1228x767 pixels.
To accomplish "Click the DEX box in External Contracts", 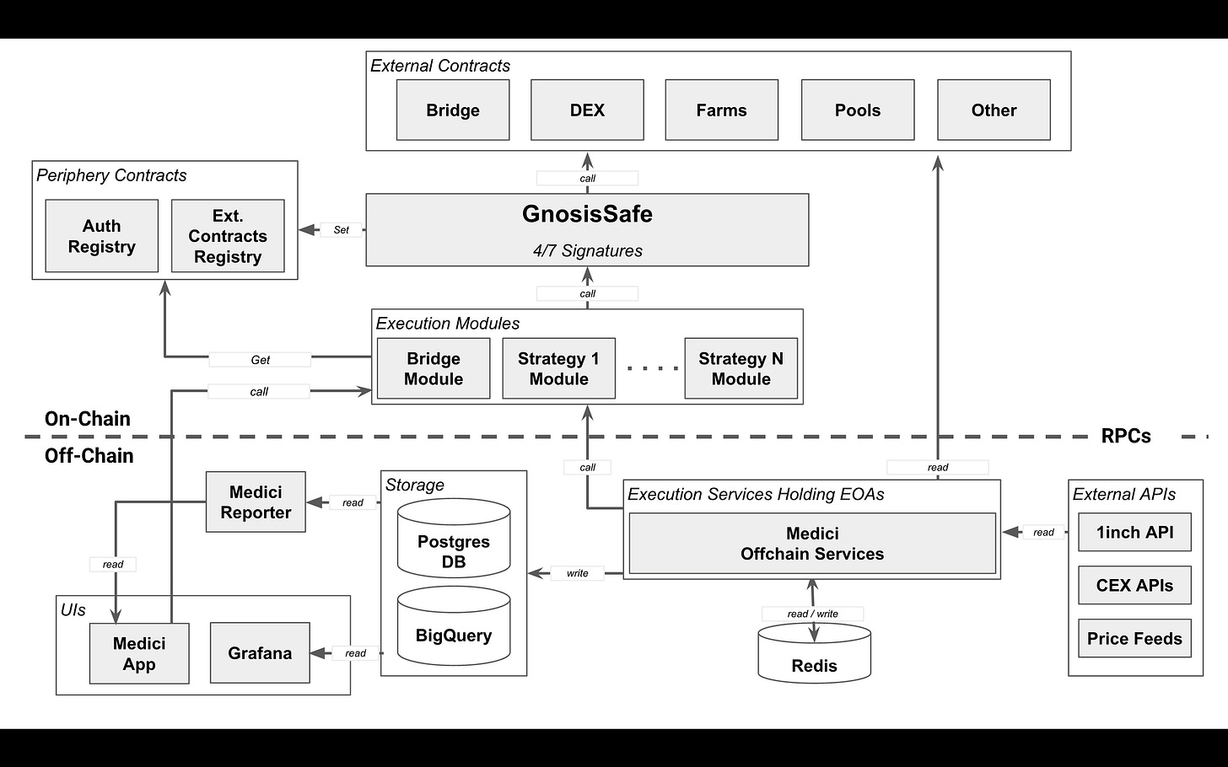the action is click(x=587, y=110).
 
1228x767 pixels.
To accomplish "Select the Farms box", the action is click(x=721, y=110).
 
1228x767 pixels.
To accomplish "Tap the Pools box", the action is click(x=858, y=110).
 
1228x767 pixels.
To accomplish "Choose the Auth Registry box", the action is click(x=101, y=236).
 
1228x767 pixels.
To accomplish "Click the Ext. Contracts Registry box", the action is click(x=228, y=236).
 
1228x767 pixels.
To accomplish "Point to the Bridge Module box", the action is click(x=434, y=368).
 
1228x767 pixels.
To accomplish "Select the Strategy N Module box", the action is click(x=741, y=368).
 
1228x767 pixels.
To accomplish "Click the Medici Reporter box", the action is click(x=256, y=501).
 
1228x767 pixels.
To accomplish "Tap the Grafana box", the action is click(x=260, y=652).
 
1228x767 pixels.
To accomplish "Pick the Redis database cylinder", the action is click(x=814, y=655).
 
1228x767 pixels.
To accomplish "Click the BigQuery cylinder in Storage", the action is click(x=454, y=626).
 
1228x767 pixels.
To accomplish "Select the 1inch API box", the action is click(x=1134, y=532).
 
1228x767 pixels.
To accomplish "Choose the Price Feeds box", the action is click(x=1134, y=638).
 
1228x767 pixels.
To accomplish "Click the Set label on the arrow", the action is click(x=341, y=230).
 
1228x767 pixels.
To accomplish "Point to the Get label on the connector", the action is click(x=260, y=360).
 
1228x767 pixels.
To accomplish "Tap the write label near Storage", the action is click(x=577, y=573).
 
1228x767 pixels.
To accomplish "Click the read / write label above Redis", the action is click(x=812, y=614).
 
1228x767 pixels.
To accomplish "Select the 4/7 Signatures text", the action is click(x=587, y=250).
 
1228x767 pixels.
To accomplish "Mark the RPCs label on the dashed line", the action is click(x=1126, y=436).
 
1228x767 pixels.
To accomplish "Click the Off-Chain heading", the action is click(x=89, y=455).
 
